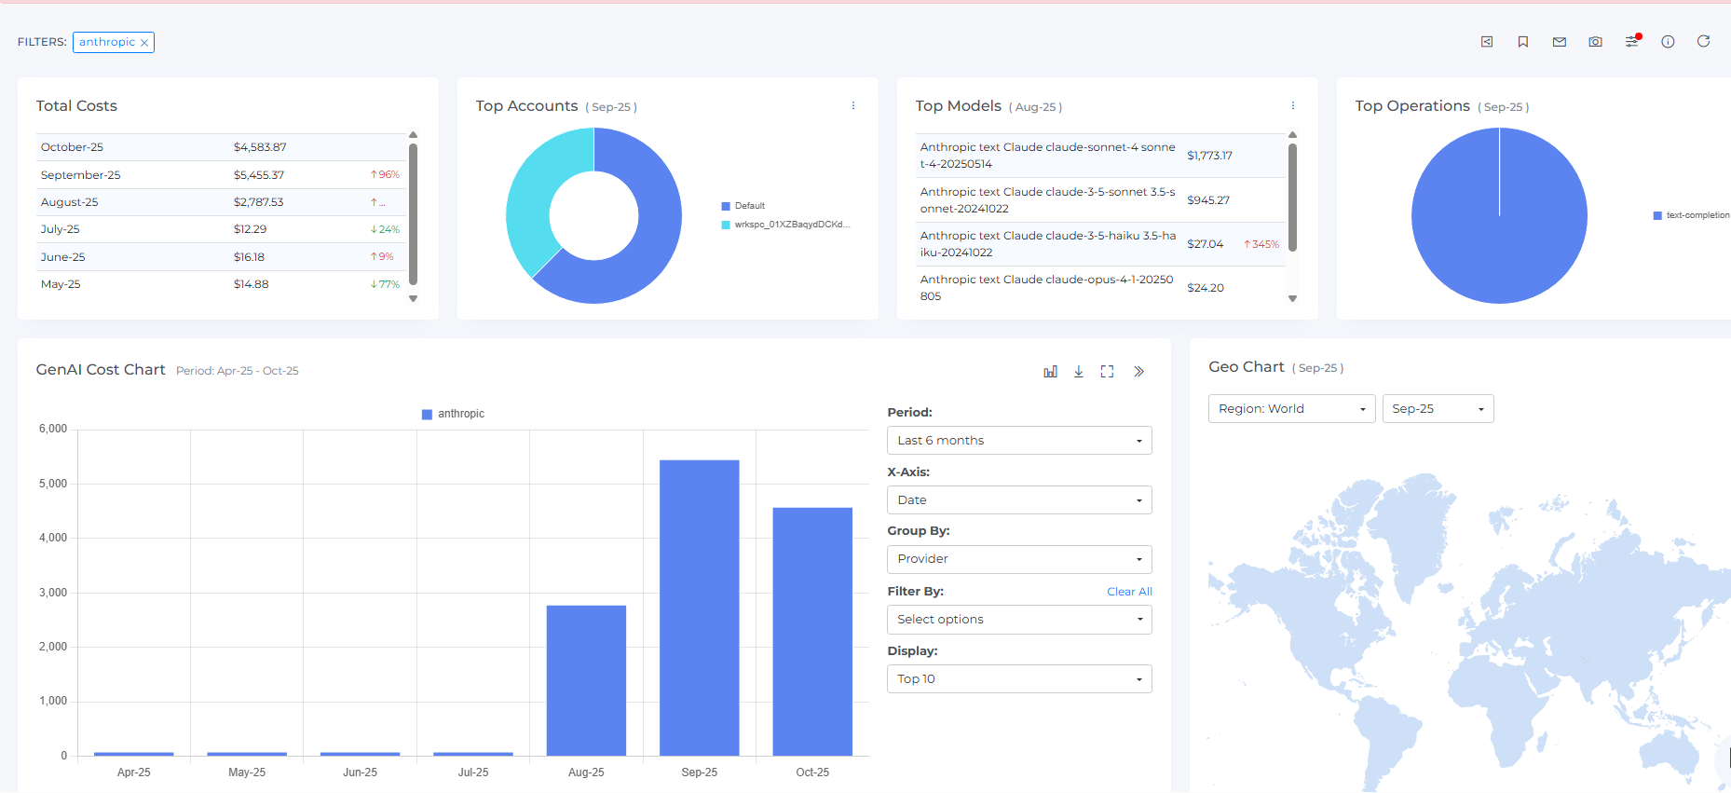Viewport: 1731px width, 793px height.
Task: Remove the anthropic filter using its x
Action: coord(144,43)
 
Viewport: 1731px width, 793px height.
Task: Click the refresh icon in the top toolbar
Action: coord(1703,41)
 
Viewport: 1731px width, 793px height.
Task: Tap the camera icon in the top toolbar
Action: coord(1595,42)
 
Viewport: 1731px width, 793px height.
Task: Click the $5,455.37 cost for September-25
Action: coord(259,175)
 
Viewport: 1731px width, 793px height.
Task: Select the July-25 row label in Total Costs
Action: coord(61,229)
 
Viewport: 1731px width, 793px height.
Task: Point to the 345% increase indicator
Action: coord(1261,244)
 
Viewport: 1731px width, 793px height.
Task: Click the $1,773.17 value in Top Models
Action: coord(1209,156)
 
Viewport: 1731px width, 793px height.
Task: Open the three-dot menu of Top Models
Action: coord(1292,106)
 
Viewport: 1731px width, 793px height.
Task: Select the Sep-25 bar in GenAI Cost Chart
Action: coord(699,607)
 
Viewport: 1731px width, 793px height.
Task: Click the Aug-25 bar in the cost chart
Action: coord(586,680)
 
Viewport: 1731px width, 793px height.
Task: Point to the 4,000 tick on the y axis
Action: coord(53,538)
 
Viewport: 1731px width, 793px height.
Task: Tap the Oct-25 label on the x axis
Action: coord(812,772)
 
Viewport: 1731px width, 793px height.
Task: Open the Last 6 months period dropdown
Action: coord(1019,441)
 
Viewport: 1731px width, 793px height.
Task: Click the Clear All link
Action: coord(1129,592)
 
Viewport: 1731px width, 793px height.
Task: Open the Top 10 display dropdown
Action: coord(1019,679)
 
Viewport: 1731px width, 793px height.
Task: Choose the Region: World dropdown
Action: coord(1291,409)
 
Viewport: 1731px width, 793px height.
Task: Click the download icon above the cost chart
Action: coord(1078,372)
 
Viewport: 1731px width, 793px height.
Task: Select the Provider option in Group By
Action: coord(1019,559)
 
